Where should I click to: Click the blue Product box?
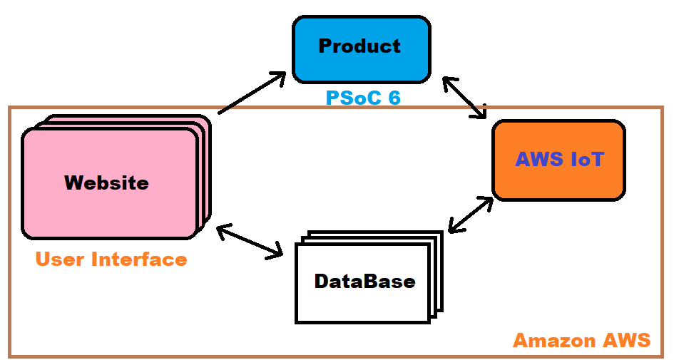pyautogui.click(x=361, y=48)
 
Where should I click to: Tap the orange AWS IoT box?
pyautogui.click(x=558, y=160)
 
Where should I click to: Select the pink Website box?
pyautogui.click(x=108, y=182)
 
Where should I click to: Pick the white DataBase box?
pyautogui.click(x=364, y=282)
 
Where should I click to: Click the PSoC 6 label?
pyautogui.click(x=363, y=98)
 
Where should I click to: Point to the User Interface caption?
pyautogui.click(x=111, y=259)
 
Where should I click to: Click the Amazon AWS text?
pyautogui.click(x=582, y=341)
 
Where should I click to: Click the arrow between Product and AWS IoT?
pyautogui.click(x=464, y=96)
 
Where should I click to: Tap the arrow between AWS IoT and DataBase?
pyautogui.click(x=470, y=215)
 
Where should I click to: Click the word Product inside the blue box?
pyautogui.click(x=359, y=46)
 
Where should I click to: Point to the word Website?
pyautogui.click(x=106, y=182)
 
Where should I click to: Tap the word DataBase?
pyautogui.click(x=364, y=281)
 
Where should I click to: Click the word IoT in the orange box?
pyautogui.click(x=587, y=159)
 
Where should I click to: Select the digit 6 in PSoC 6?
pyautogui.click(x=393, y=98)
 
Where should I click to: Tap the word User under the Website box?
pyautogui.click(x=59, y=259)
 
